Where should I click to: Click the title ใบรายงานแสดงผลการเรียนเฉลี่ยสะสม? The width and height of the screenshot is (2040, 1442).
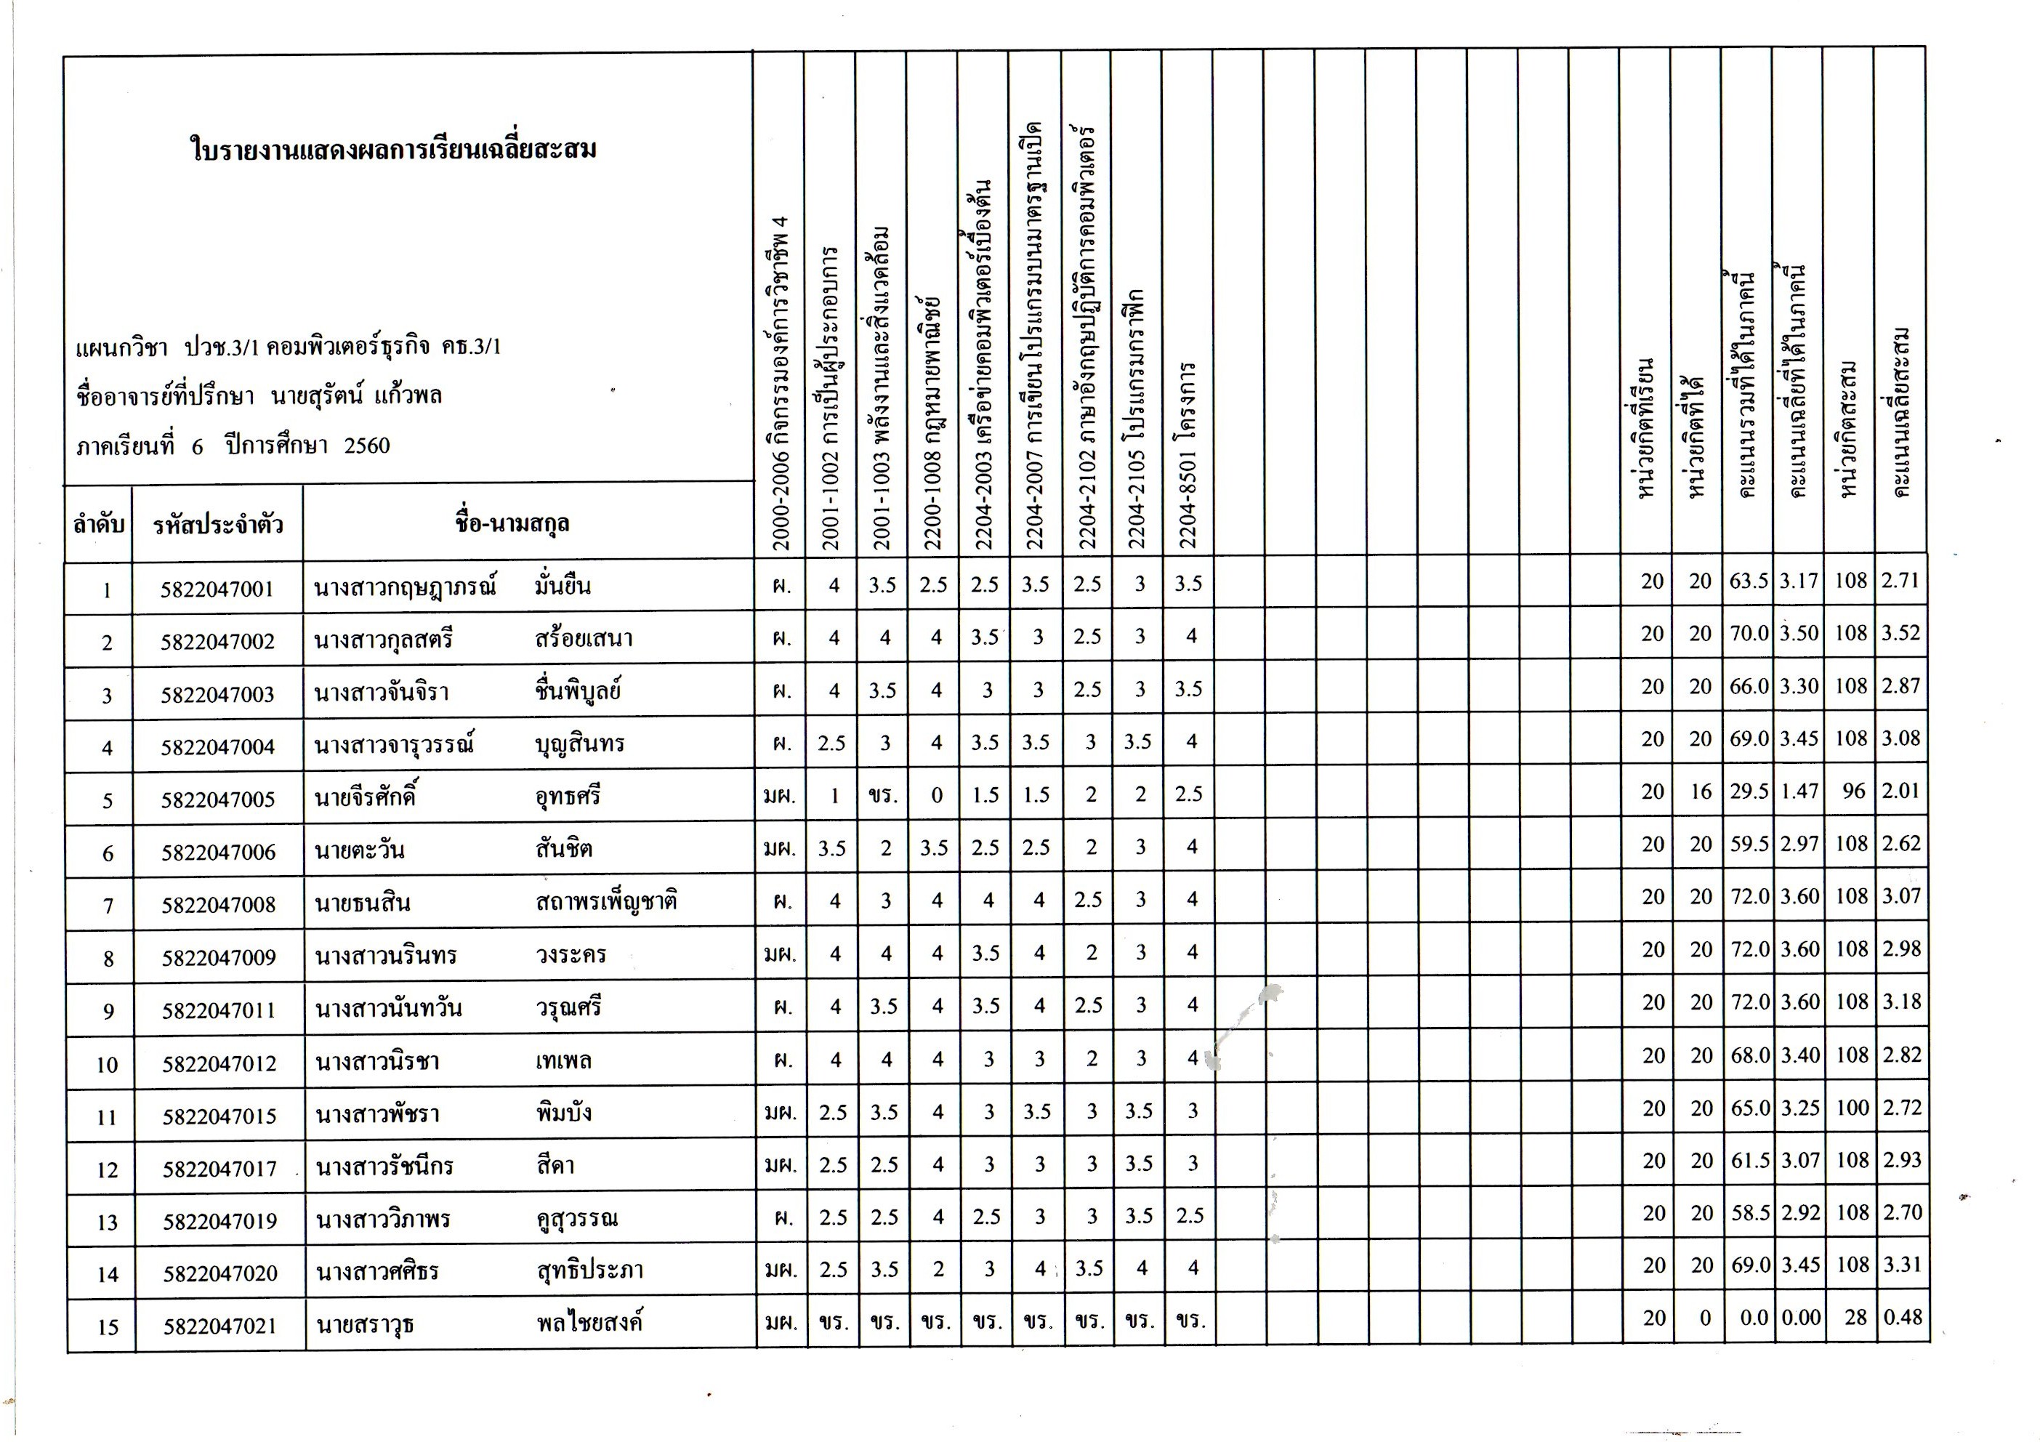pos(394,148)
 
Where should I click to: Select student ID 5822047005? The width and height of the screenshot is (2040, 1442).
pos(218,799)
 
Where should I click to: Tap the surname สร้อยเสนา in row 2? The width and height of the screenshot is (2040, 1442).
pos(584,639)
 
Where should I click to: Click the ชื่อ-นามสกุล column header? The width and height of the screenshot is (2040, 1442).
pos(512,523)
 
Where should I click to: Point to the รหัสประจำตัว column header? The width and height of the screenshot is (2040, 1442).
pos(218,524)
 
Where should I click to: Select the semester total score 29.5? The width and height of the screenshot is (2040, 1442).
pos(1749,791)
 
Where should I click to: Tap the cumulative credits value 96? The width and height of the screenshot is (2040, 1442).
pos(1853,791)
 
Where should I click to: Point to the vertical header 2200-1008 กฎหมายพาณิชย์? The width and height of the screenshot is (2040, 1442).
pos(933,418)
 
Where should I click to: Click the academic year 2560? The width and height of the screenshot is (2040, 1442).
pos(367,445)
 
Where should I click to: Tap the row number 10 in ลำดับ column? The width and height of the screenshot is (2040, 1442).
pos(107,1063)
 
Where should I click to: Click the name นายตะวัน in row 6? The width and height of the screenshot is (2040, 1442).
pos(359,850)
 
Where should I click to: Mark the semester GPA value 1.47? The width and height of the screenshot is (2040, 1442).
pos(1799,791)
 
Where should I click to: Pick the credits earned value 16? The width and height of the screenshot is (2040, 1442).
pos(1701,791)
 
